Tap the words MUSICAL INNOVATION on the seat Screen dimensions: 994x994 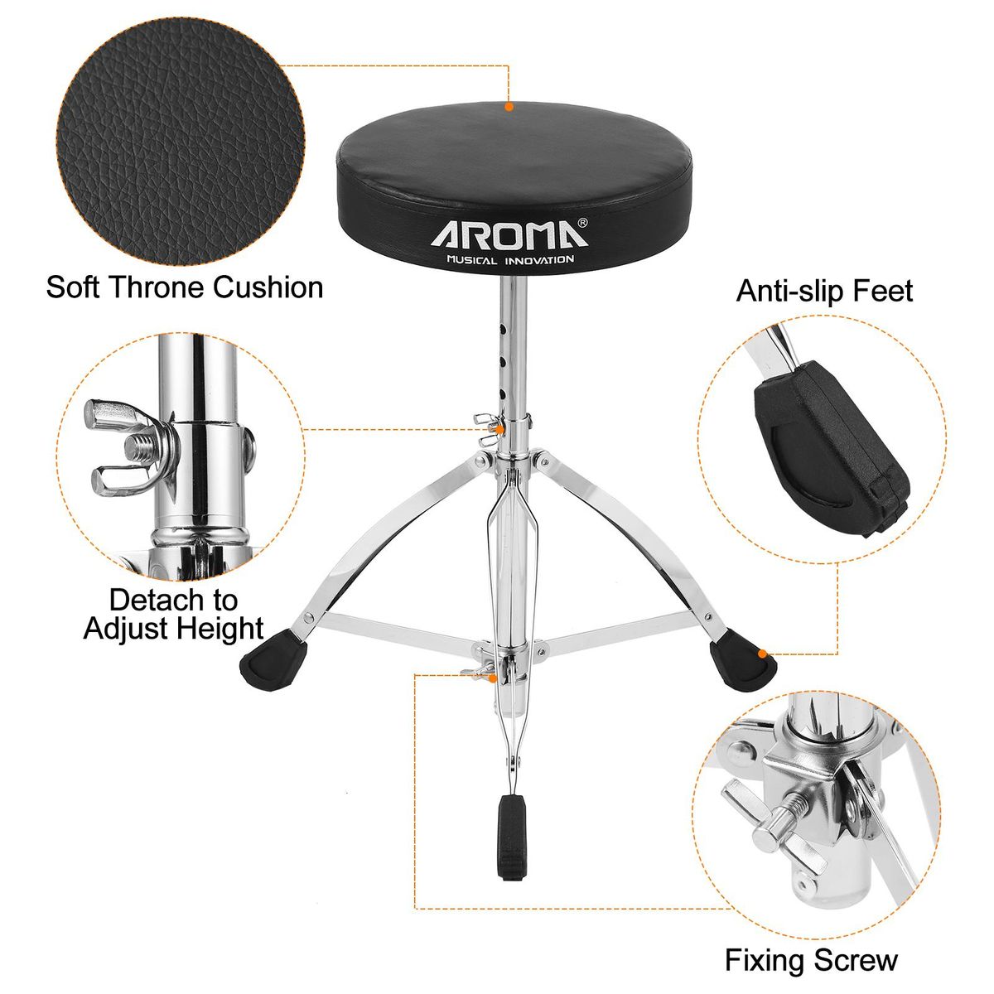[509, 259]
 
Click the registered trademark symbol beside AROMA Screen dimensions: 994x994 [582, 223]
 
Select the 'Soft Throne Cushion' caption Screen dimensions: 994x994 [185, 287]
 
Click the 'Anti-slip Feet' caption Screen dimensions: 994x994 [824, 291]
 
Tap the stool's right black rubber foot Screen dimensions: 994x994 [742, 660]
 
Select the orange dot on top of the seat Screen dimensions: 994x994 [509, 107]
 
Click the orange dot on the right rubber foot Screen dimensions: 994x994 [761, 654]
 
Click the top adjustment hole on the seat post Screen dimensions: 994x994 [504, 327]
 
